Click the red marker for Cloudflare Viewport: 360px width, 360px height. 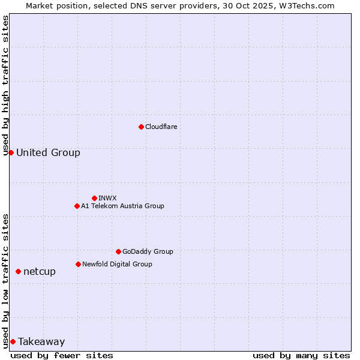click(x=141, y=127)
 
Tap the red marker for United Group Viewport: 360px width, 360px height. click(x=11, y=152)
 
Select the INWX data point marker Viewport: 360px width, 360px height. click(x=94, y=198)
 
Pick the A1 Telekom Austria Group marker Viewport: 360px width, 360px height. click(x=77, y=206)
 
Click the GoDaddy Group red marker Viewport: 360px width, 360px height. click(x=118, y=251)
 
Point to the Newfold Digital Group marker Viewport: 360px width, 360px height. click(x=78, y=264)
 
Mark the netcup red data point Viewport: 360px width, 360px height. click(x=18, y=272)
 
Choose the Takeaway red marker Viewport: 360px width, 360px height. click(x=13, y=341)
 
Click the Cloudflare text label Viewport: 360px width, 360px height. click(x=161, y=127)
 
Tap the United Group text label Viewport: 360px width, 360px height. click(x=48, y=152)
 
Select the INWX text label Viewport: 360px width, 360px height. click(x=107, y=198)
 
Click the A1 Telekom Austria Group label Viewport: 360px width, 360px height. click(x=122, y=206)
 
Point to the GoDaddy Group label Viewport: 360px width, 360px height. click(x=148, y=251)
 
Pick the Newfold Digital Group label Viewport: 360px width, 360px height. click(x=117, y=264)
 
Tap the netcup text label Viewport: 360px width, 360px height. click(x=40, y=272)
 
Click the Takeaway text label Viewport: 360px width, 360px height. click(x=41, y=341)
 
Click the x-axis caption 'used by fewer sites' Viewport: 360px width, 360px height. click(x=62, y=355)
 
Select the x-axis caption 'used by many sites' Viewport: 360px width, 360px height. click(x=301, y=355)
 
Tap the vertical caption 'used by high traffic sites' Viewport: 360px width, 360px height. click(x=6, y=85)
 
